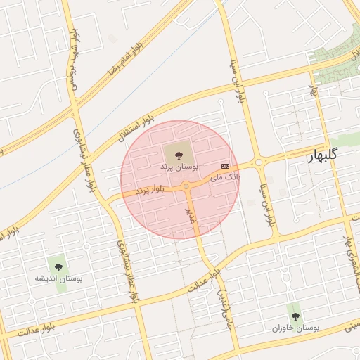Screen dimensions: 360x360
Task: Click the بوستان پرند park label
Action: pos(179,166)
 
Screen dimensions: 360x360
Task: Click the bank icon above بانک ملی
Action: pos(225,165)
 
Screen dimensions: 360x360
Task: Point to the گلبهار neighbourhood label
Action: pos(323,155)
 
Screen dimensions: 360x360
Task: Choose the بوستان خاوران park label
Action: pos(296,328)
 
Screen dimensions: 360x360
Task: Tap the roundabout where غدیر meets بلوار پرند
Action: pos(186,186)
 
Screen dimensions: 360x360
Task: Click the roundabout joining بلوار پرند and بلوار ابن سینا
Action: pos(259,162)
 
